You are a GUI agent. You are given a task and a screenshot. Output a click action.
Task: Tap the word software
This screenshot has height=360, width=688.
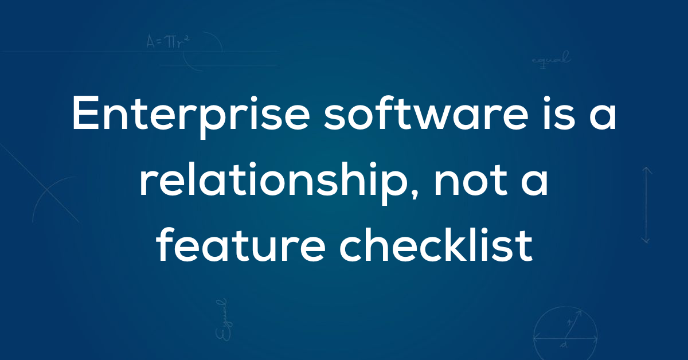pos(426,112)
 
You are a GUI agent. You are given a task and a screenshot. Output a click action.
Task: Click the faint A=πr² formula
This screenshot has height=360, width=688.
pos(167,42)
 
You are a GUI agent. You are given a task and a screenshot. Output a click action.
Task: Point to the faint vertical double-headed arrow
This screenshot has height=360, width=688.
pos(647,205)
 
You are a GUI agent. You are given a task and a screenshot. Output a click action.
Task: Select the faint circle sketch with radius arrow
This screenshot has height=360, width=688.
pos(565,333)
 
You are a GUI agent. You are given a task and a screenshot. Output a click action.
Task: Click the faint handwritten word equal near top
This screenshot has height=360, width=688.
pos(552,59)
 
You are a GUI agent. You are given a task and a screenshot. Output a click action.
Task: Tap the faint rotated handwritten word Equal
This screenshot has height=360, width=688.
pos(223,320)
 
